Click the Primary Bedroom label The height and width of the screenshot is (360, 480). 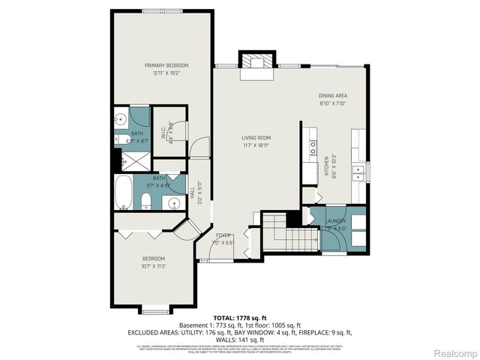click(166, 66)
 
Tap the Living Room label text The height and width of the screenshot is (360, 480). click(256, 138)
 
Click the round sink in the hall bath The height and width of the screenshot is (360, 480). click(173, 202)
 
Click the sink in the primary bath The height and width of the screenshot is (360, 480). click(120, 119)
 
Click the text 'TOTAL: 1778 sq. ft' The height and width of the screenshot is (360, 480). click(239, 318)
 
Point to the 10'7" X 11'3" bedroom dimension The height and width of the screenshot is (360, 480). click(153, 265)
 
